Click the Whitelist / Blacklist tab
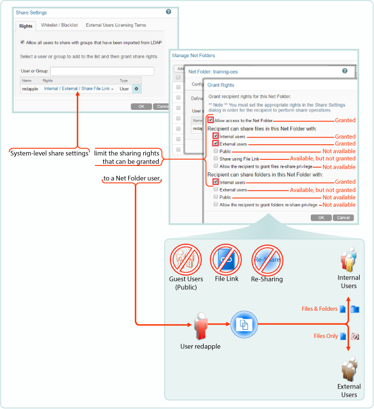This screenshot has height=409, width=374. click(x=59, y=25)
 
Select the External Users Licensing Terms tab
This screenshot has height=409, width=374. click(x=116, y=25)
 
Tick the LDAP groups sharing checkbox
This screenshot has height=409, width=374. click(x=22, y=42)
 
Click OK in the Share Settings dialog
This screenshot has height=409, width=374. click(x=141, y=106)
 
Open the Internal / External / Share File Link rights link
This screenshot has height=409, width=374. click(x=79, y=88)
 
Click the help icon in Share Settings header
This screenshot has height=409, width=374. click(x=169, y=11)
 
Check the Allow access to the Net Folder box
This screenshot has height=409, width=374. click(x=210, y=120)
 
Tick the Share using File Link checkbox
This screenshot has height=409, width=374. click(x=215, y=158)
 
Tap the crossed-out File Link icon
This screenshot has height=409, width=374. click(x=225, y=260)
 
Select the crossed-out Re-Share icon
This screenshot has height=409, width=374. click(x=267, y=260)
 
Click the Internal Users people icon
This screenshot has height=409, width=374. click(x=348, y=259)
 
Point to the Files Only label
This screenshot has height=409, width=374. click(x=326, y=336)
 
